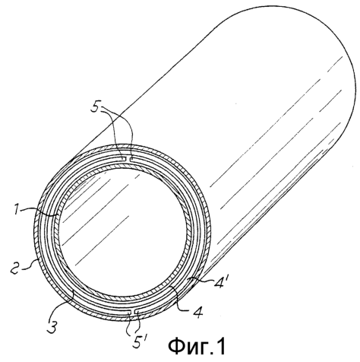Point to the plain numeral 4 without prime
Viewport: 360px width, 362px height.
[197, 312]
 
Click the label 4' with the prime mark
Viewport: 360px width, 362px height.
[219, 281]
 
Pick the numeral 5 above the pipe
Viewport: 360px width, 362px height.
[96, 109]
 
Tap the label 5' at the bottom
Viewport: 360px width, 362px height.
[139, 340]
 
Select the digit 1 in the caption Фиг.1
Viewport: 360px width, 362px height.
[220, 346]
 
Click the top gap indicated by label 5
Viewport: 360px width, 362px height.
[128, 159]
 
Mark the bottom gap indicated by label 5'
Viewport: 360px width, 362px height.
[134, 312]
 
